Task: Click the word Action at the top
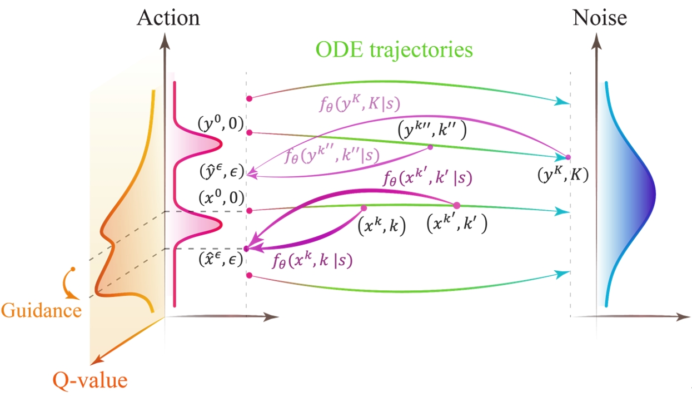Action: [x=168, y=18]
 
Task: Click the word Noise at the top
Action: [x=600, y=18]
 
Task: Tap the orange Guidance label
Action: [x=42, y=310]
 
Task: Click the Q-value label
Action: [x=89, y=380]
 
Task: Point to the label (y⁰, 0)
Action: [x=220, y=126]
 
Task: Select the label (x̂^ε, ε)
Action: [x=220, y=259]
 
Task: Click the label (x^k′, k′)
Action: [x=456, y=224]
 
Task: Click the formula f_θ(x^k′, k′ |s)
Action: [x=427, y=178]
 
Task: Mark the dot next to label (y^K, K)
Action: [x=567, y=157]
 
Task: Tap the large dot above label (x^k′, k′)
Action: [x=457, y=205]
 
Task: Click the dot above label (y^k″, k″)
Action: [x=430, y=147]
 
